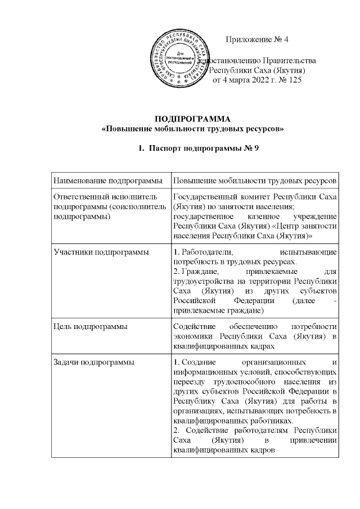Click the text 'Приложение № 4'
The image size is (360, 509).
(256, 39)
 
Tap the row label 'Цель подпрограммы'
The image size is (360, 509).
(86, 326)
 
